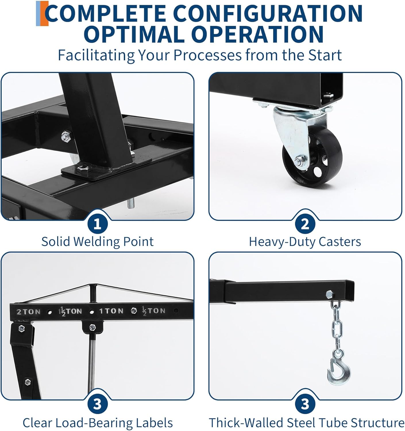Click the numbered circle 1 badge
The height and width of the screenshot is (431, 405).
pos(97,224)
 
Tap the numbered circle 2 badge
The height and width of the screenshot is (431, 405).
pos(305,224)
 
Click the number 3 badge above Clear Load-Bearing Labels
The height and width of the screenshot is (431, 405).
pos(97,404)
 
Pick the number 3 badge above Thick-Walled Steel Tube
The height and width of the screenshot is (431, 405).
pos(305,404)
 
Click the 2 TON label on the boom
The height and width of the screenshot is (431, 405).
pos(28,312)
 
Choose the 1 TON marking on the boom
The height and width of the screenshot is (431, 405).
pos(111,311)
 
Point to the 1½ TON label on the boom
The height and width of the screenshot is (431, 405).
pos(70,311)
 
